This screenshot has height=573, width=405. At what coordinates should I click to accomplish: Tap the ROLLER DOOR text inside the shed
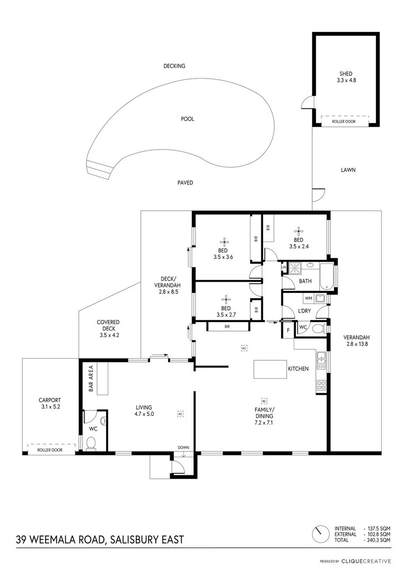(344, 121)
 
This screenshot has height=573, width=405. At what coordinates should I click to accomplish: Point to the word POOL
(188, 119)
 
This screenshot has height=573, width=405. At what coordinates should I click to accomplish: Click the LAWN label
(348, 170)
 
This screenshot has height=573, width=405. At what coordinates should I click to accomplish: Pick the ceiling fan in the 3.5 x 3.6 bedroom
(224, 241)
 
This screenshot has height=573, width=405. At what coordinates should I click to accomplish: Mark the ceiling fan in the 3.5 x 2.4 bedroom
(298, 230)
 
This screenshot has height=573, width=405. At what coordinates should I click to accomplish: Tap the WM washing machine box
(293, 299)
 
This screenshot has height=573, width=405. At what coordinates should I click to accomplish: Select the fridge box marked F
(287, 329)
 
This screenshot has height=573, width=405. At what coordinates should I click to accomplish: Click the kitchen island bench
(270, 369)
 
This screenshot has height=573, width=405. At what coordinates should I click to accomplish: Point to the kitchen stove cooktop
(321, 386)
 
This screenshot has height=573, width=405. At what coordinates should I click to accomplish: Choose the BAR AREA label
(91, 378)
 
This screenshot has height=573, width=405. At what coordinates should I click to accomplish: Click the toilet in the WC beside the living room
(91, 442)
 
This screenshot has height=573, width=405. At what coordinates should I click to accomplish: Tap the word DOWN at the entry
(183, 447)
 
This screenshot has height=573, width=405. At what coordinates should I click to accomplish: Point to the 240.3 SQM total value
(377, 540)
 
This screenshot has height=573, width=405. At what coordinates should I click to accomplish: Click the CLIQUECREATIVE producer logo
(365, 561)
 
